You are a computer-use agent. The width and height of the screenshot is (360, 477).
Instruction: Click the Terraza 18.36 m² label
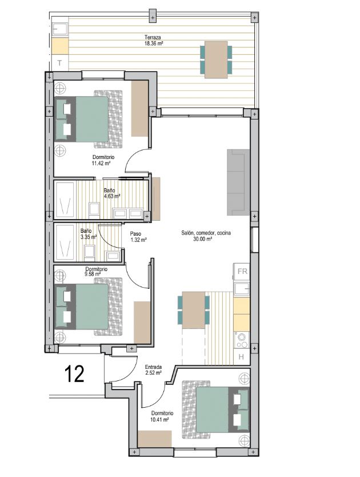coord(153,40)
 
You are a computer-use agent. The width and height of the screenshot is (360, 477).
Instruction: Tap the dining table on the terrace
coord(216,60)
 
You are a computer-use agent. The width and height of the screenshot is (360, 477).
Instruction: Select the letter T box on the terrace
coord(60,63)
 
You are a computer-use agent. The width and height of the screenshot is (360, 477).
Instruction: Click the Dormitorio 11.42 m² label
coord(103,160)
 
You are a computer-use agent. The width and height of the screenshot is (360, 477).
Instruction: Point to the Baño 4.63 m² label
coord(111,193)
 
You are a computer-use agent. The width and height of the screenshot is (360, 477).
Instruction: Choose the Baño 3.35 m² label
coord(89,234)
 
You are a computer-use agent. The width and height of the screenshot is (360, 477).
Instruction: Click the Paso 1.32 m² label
coord(138,237)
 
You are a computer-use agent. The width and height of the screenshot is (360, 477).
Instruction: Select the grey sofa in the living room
coord(238,182)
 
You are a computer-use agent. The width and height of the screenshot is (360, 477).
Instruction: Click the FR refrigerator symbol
coord(242,271)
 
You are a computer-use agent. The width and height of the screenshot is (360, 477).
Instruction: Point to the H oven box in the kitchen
coord(241,356)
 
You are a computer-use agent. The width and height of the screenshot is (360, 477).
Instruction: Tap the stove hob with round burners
coord(242,340)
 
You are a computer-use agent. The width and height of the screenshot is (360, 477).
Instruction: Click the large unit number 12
coord(74,374)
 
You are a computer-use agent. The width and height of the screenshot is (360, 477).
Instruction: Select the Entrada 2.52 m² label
coord(153,369)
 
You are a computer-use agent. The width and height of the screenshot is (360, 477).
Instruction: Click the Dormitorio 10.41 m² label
coord(162,416)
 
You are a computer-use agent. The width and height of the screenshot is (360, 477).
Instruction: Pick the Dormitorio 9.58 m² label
coord(96,271)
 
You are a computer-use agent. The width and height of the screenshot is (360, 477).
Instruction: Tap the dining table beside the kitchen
coord(193,310)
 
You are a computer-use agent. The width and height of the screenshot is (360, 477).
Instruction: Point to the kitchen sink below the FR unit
coord(242,288)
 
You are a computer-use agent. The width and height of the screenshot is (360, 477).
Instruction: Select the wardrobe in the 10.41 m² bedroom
coord(155,439)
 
